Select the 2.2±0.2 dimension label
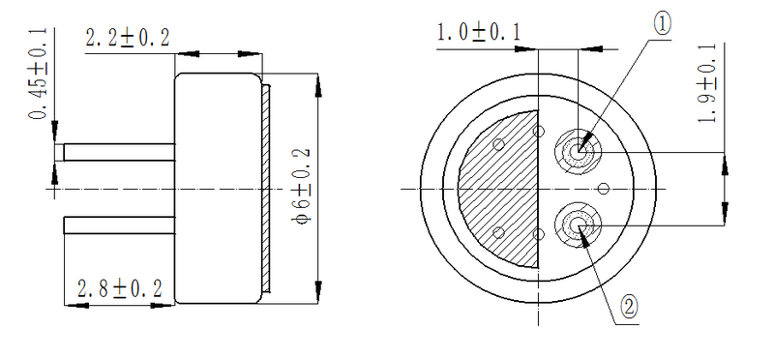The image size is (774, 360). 128,39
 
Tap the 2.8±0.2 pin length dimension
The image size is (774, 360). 119,288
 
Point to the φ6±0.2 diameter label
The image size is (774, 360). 302,189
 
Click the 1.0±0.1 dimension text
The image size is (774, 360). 479,33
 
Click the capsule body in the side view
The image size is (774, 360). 219,188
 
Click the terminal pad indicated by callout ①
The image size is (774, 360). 580,151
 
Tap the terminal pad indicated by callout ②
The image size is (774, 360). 579,225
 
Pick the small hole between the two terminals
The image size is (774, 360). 604,188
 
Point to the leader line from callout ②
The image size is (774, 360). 604,266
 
